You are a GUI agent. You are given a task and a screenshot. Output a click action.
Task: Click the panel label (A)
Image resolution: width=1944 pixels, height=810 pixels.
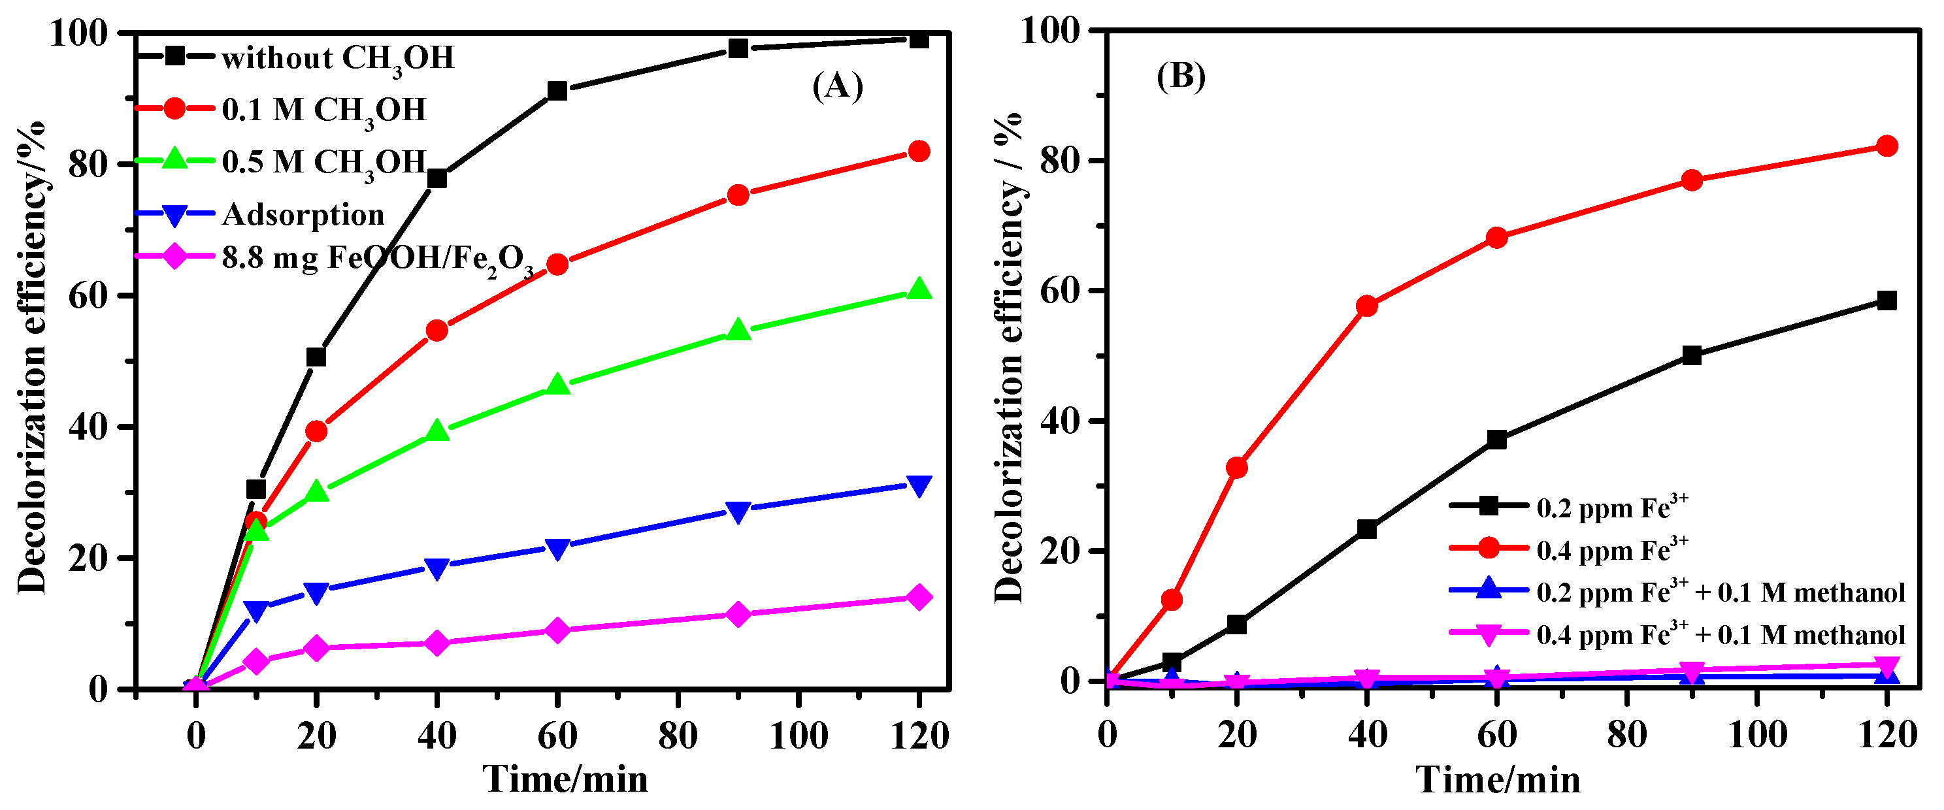837,87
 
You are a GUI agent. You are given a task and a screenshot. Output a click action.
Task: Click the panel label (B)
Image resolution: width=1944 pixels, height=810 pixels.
1180,76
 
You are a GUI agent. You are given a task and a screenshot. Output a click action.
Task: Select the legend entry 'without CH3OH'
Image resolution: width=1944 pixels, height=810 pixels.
337,58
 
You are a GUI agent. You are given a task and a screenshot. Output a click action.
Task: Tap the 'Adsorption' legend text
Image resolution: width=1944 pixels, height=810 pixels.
303,215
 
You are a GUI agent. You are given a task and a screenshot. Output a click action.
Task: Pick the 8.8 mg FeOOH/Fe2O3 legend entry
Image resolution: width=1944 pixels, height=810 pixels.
377,259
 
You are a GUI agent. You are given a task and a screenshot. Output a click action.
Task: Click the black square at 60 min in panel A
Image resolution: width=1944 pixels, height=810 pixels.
557,91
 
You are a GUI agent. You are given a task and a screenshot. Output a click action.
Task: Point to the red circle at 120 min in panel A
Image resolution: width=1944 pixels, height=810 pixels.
919,151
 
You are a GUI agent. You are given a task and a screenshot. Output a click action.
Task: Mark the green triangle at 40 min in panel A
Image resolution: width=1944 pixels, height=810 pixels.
437,430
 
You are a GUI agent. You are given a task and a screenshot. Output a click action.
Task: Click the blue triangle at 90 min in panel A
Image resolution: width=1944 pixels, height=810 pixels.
738,511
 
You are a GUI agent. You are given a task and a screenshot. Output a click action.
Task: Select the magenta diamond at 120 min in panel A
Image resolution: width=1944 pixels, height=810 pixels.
919,597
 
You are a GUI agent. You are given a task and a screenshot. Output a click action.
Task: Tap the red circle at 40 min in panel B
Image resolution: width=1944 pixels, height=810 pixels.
1367,306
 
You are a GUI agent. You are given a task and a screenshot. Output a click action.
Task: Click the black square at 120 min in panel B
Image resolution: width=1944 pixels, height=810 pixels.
1886,301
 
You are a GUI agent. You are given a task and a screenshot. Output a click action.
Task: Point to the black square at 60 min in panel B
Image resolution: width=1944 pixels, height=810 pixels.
1496,440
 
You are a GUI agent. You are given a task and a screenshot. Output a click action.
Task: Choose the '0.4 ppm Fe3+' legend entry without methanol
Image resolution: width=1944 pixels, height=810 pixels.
1612,551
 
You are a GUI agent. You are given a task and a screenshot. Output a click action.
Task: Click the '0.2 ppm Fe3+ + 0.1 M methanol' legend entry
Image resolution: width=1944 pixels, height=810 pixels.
1721,592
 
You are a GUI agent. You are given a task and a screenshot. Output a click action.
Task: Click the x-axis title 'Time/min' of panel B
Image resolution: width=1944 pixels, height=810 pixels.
1497,779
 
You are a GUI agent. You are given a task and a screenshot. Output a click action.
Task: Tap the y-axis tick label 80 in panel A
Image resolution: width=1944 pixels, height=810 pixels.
88,165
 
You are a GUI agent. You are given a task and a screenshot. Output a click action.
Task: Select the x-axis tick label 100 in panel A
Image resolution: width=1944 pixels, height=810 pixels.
798,735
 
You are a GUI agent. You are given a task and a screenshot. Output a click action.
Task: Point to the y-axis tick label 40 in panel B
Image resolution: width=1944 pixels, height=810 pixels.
1059,421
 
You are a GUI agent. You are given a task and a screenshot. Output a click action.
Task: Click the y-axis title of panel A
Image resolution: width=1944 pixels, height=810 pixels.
33,358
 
